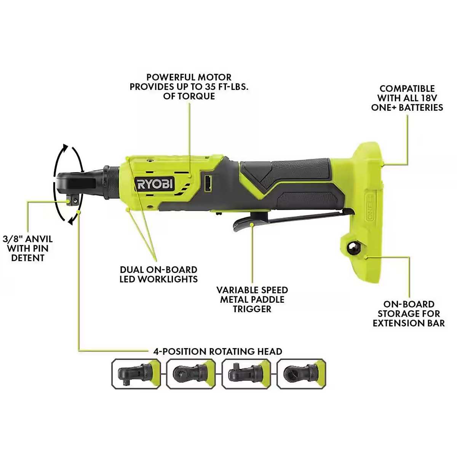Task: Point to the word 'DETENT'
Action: click(x=28, y=258)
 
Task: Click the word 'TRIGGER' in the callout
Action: click(x=252, y=309)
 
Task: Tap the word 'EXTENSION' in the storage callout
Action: click(x=398, y=323)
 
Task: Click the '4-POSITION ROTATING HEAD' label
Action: click(x=217, y=351)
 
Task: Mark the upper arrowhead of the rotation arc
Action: click(x=66, y=148)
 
